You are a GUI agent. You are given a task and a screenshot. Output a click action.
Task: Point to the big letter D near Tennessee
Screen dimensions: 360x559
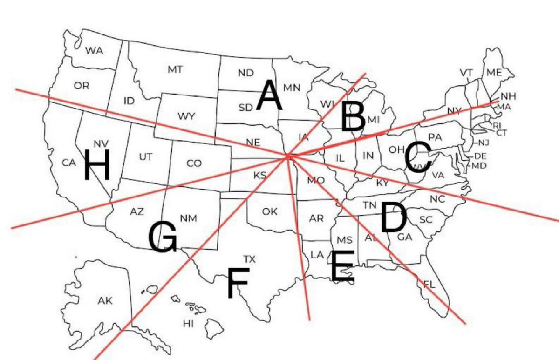[393, 217]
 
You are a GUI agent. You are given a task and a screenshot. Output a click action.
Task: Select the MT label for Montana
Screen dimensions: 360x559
[175, 70]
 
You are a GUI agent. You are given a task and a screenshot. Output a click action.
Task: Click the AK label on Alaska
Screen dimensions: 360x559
[105, 301]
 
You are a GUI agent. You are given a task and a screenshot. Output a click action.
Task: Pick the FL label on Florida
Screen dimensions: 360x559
[429, 284]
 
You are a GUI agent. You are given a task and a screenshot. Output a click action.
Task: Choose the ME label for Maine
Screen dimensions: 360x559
[495, 72]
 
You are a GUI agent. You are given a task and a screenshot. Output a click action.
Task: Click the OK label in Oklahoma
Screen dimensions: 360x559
[270, 212]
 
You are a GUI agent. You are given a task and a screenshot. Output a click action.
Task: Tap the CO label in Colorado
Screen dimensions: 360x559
[194, 163]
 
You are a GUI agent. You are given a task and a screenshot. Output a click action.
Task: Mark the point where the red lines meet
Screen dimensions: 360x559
[289, 157]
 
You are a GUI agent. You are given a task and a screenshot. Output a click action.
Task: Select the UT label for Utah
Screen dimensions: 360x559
[145, 157]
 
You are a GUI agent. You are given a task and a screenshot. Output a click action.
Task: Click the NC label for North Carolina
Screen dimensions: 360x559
[437, 199]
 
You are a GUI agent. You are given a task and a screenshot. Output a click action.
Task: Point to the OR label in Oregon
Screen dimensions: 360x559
[81, 86]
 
